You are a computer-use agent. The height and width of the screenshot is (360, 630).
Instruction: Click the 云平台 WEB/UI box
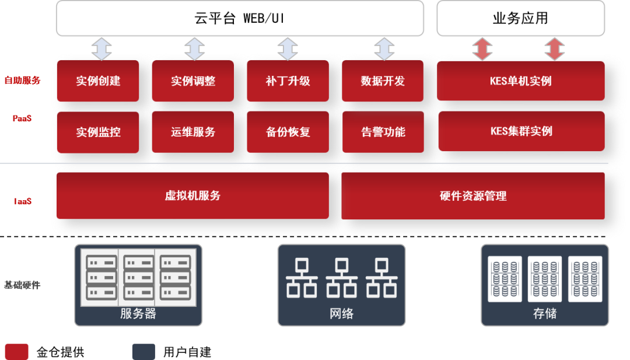point(240,18)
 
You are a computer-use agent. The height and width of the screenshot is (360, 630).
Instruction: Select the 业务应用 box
point(520,18)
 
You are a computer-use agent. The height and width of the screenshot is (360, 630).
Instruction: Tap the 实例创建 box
point(98,81)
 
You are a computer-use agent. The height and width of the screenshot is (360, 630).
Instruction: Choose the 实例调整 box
point(192,81)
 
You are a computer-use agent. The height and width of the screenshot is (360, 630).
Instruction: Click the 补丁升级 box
point(288,81)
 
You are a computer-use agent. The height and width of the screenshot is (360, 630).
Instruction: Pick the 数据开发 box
point(383,81)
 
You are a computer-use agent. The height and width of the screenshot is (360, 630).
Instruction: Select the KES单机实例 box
point(521,81)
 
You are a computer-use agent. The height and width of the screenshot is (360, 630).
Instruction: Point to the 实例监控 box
point(98,132)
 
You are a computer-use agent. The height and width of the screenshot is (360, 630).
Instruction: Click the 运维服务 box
point(192,132)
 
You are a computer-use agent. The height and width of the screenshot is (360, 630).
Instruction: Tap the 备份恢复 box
point(288,132)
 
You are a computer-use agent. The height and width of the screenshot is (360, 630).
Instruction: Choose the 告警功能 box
point(383,132)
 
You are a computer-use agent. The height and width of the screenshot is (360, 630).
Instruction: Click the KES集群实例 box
point(521,131)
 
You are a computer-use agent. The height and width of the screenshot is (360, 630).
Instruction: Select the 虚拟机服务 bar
point(192,195)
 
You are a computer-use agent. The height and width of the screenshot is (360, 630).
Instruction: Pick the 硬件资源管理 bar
point(473,195)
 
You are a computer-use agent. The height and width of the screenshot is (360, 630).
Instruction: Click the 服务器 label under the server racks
point(138,313)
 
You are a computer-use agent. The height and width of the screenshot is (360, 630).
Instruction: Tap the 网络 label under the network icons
point(341,313)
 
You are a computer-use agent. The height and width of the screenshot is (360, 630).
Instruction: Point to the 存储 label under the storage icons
point(544,313)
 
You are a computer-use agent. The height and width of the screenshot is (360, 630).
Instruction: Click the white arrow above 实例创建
point(101,48)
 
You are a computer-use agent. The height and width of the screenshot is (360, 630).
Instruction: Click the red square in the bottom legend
point(16,351)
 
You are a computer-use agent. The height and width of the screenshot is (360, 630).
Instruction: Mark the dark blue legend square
point(143,351)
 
